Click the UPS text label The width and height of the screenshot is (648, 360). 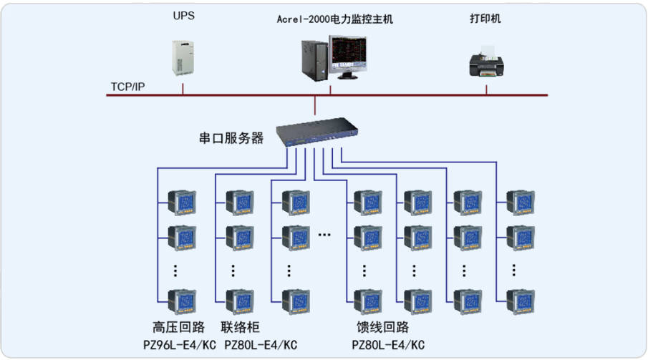[183, 16]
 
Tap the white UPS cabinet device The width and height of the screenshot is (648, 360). [183, 59]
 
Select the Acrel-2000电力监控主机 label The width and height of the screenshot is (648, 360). [334, 19]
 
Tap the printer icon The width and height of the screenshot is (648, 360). [487, 62]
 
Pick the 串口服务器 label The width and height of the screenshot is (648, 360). [231, 137]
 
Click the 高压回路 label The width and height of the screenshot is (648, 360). [179, 327]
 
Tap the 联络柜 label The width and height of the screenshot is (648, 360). [240, 327]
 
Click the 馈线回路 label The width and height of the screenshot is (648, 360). [383, 327]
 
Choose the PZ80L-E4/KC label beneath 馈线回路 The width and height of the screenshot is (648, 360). [389, 345]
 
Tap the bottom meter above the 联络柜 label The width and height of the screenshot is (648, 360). [239, 301]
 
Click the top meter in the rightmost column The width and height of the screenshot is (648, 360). [519, 202]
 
